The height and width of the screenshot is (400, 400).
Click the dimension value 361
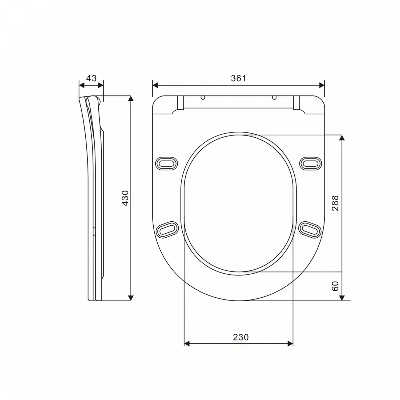click(x=238, y=78)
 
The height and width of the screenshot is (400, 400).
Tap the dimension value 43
click(x=91, y=78)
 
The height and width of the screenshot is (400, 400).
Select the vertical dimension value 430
click(x=125, y=198)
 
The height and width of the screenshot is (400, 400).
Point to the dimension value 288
click(x=335, y=203)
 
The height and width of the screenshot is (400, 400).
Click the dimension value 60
click(x=335, y=286)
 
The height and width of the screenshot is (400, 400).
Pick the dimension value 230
click(x=241, y=337)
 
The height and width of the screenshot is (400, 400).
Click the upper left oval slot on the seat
click(x=166, y=163)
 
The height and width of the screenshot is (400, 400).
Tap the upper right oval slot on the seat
click(x=311, y=163)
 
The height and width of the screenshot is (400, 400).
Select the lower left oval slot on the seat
click(x=167, y=229)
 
